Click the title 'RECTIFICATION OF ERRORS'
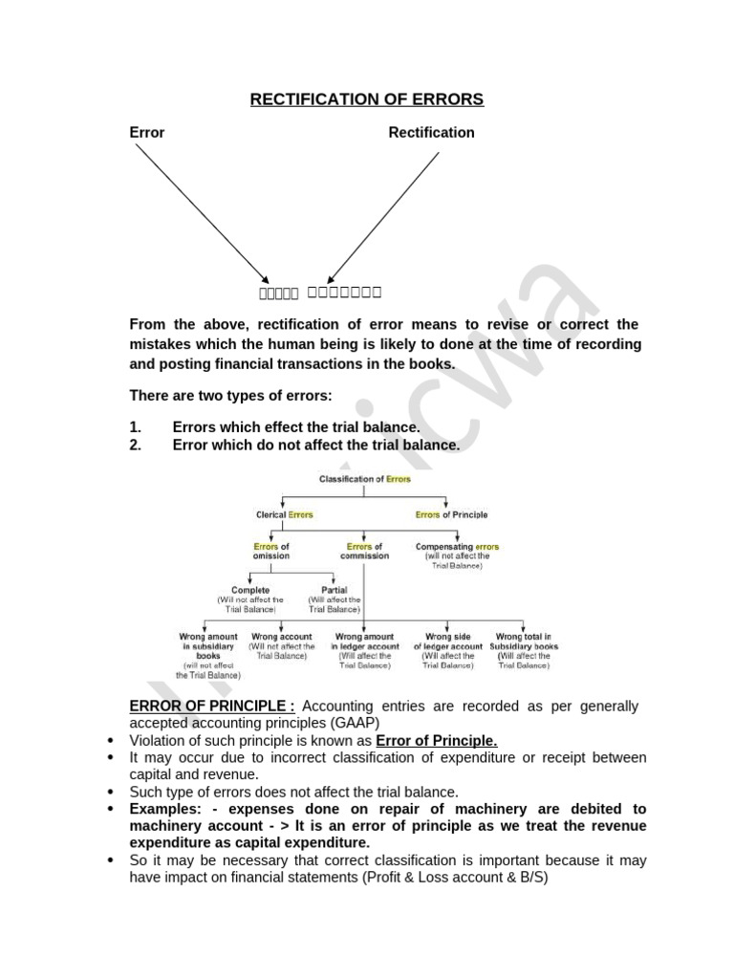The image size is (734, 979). point(367,99)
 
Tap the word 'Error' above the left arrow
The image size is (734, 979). point(147,133)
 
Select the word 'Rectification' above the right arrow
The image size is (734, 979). point(431,133)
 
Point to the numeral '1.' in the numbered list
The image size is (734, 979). point(135,427)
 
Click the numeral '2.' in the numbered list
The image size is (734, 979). point(135,445)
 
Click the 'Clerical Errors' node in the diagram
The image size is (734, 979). point(284,514)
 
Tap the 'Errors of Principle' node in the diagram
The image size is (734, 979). point(451,514)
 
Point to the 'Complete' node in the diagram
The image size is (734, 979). point(250,591)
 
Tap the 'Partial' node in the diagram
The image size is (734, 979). point(334,591)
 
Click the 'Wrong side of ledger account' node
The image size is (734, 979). point(450,642)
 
